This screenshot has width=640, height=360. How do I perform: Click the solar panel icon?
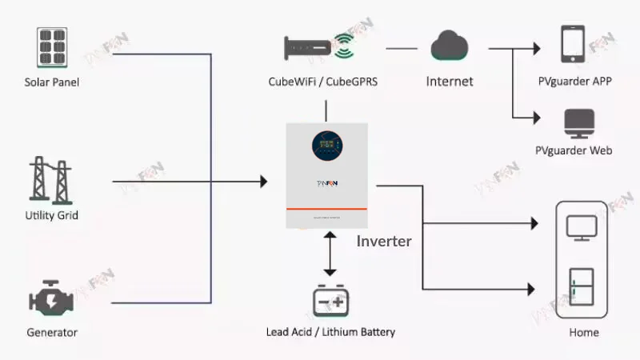[x=52, y=47]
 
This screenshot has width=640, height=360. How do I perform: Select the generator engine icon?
[x=52, y=301]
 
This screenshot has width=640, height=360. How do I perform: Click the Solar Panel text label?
[x=52, y=82]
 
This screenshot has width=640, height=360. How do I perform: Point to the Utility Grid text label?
[x=52, y=215]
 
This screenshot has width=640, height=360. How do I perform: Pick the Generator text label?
[x=52, y=332]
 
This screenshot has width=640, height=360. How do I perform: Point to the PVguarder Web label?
[x=574, y=150]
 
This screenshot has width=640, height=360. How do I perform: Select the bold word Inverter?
[x=384, y=241]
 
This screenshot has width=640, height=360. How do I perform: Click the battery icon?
[x=330, y=302]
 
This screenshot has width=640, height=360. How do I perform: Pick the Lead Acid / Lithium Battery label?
[x=330, y=332]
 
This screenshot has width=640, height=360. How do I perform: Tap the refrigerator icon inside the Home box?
[x=582, y=287]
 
